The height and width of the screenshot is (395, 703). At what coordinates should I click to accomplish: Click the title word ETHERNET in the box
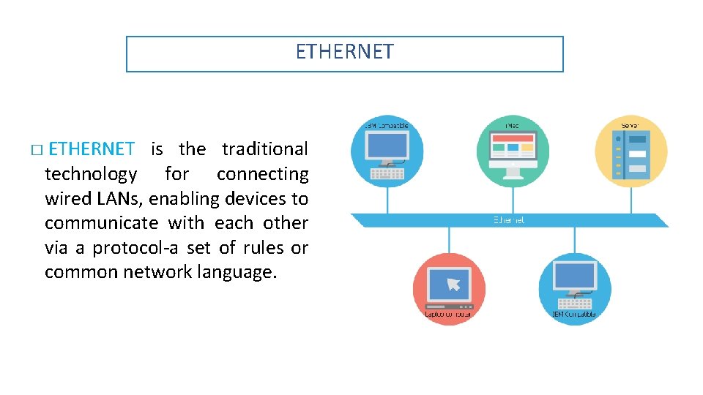point(344,52)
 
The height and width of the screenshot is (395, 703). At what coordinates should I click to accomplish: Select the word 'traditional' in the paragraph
point(264,149)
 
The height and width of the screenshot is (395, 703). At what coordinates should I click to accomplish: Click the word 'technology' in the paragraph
point(91,174)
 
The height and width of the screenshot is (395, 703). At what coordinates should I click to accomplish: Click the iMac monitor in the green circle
point(513,151)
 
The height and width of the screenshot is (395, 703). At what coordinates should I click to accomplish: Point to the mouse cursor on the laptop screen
point(454,284)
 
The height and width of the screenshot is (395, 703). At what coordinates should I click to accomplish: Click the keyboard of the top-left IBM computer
point(387,174)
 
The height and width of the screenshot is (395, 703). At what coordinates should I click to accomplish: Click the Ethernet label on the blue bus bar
point(509,219)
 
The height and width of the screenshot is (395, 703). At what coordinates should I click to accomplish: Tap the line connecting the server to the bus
point(630,201)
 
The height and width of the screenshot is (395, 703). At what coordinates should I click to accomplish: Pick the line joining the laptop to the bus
point(449,240)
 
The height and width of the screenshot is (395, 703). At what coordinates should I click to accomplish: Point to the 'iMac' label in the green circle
point(512,126)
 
